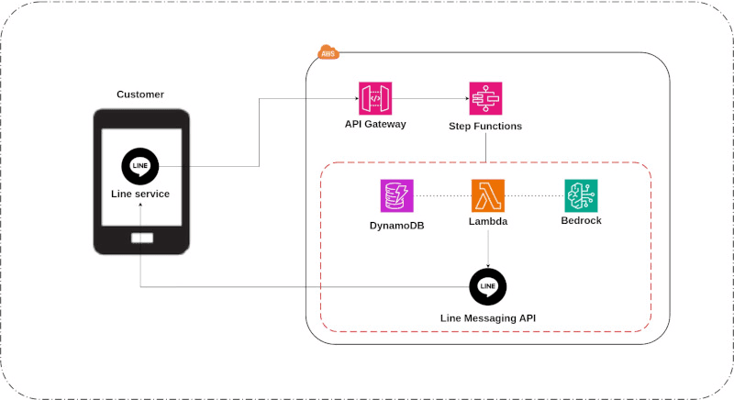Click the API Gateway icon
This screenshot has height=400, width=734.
point(374,97)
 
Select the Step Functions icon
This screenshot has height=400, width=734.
point(485,97)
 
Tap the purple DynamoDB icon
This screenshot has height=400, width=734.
point(397,195)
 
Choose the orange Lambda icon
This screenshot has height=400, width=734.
point(487,195)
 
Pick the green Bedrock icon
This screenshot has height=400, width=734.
point(581,195)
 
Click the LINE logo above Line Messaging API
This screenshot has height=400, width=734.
point(487,286)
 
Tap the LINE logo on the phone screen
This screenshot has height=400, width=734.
point(140,167)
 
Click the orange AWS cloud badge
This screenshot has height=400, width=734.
point(327,53)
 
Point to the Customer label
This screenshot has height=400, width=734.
point(140,94)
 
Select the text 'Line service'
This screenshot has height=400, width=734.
point(140,194)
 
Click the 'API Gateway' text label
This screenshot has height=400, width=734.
point(375,124)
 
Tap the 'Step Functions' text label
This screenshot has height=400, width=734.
point(485,126)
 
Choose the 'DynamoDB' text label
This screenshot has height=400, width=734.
point(397,223)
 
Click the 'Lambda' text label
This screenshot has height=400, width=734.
point(487,222)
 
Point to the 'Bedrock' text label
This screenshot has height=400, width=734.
point(581,221)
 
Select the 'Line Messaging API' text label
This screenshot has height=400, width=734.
point(487,317)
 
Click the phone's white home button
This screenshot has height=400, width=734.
point(141,238)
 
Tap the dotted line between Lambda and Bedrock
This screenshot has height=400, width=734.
point(534,195)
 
